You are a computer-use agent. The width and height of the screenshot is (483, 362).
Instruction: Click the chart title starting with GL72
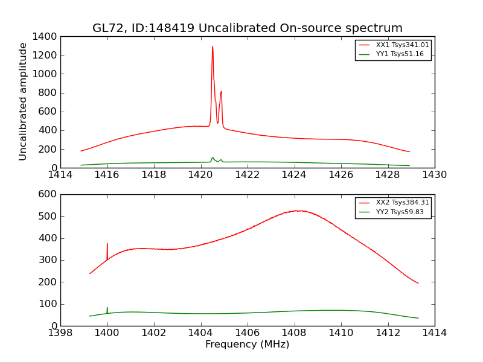(x=247, y=28)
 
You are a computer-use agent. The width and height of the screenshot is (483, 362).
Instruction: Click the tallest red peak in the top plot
(x=213, y=46)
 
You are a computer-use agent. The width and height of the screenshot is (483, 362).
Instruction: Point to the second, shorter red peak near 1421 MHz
(x=222, y=92)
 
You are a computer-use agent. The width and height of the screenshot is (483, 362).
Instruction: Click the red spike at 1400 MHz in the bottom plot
(x=107, y=244)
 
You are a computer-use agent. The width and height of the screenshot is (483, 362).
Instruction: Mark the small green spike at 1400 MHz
(x=107, y=308)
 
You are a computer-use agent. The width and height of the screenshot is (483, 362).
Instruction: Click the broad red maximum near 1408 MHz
(x=297, y=211)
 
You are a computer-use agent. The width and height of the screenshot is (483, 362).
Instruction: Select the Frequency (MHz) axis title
(x=247, y=345)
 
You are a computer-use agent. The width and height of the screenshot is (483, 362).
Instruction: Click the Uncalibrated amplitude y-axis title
(x=24, y=101)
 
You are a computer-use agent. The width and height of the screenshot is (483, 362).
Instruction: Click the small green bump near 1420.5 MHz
(x=213, y=158)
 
